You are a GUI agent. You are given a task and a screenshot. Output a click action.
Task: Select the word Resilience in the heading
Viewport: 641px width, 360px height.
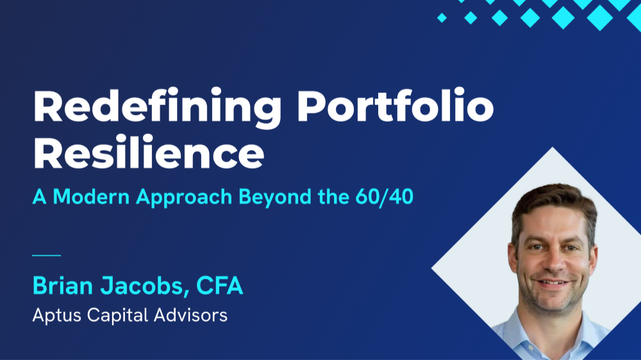pyautogui.click(x=148, y=154)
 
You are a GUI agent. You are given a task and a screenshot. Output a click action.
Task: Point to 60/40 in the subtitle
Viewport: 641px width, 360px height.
pyautogui.click(x=384, y=197)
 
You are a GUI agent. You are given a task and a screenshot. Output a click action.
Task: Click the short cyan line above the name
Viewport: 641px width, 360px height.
pyautogui.click(x=46, y=256)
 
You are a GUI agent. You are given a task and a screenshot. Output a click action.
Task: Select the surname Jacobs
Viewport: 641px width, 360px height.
pyautogui.click(x=149, y=286)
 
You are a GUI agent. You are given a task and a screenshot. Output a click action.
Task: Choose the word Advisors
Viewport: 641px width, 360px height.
pyautogui.click(x=192, y=316)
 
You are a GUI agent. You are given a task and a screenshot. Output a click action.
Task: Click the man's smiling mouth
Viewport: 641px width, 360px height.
pyautogui.click(x=553, y=282)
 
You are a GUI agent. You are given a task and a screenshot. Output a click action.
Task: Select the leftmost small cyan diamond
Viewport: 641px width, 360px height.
pyautogui.click(x=442, y=18)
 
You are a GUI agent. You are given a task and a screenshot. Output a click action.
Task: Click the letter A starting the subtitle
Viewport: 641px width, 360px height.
pyautogui.click(x=40, y=197)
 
